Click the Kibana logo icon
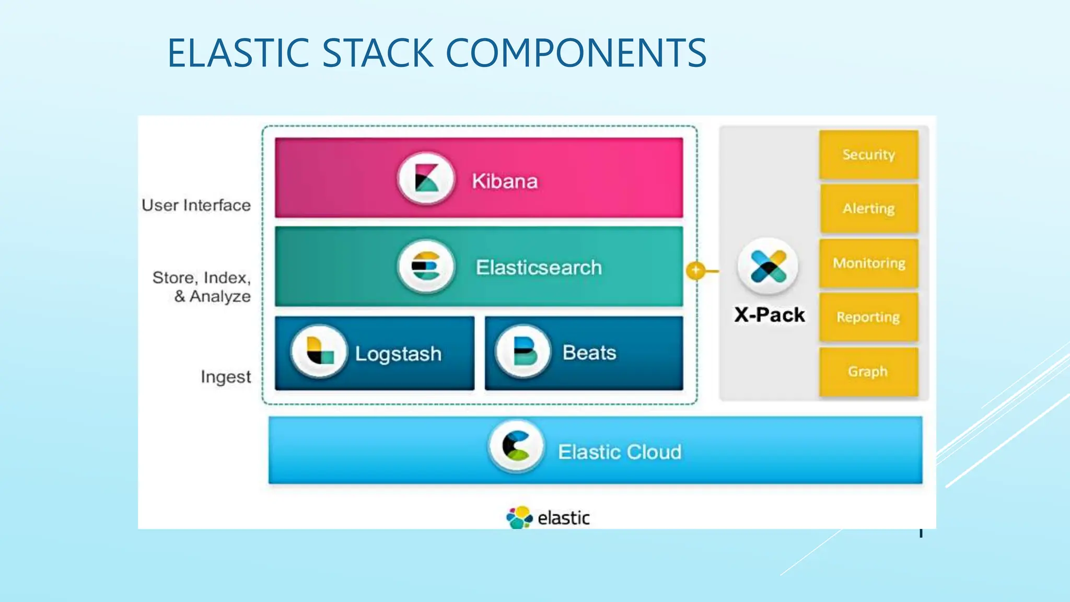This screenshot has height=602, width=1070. coord(426,178)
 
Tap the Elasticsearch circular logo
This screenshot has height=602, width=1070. coord(426,267)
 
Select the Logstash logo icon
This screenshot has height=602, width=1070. coord(319,351)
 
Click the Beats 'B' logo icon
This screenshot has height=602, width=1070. coord(523,351)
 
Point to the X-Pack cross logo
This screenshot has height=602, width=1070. coord(767,267)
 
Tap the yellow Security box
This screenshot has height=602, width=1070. coord(868,155)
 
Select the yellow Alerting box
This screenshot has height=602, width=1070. coord(868,209)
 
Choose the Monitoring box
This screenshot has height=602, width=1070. coord(868,263)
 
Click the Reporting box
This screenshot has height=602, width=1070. coord(868,317)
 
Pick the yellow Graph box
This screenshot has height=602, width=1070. coord(868,372)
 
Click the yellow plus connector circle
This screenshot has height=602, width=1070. coord(695,270)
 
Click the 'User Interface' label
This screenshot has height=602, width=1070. coord(196,205)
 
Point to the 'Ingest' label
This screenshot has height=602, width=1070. coord(225,377)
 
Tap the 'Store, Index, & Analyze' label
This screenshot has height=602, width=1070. coord(202,286)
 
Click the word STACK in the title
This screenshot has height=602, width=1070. coord(378,53)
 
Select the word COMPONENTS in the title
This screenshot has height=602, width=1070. coord(576,53)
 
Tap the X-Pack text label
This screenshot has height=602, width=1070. coord(769,315)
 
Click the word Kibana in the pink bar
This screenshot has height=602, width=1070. coord(504,181)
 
